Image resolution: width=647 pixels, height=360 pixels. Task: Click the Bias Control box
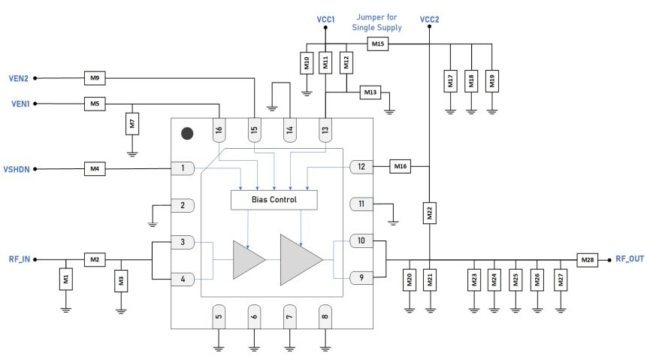coord(274,200)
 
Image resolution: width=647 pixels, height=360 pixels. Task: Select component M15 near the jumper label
coord(378,44)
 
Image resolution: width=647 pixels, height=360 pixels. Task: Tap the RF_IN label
coord(18,259)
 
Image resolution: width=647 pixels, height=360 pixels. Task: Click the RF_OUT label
coord(629,259)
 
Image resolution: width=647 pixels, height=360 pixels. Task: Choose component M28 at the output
coord(587,259)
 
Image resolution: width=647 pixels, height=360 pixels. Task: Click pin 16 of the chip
coord(219,129)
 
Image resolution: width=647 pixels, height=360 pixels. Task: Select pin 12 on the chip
coord(361,166)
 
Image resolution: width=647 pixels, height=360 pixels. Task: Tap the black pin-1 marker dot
coord(187,134)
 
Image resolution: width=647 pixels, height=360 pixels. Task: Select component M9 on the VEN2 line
coord(94,77)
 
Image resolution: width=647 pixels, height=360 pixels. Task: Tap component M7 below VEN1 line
coord(132,123)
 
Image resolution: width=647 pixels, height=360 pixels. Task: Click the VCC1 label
coord(325,18)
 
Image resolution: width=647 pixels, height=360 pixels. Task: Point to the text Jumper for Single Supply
coord(376,22)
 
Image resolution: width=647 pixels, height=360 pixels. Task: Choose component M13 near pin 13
coord(370,92)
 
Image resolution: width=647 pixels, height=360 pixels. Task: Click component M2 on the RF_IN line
coord(94,259)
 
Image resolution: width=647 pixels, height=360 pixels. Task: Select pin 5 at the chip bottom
coord(219,316)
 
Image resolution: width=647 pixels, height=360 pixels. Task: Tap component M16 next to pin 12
coord(399,166)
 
